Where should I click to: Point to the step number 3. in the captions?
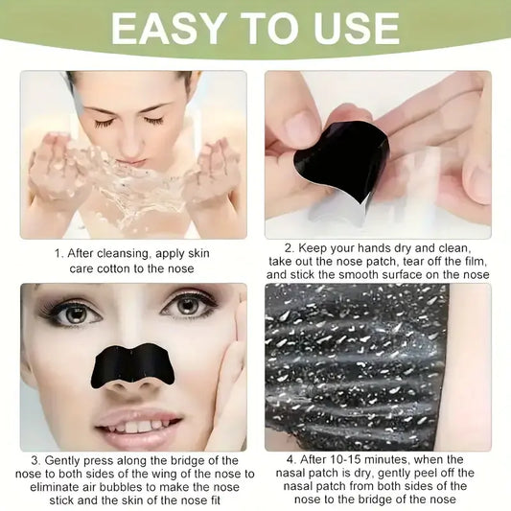(36, 461)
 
